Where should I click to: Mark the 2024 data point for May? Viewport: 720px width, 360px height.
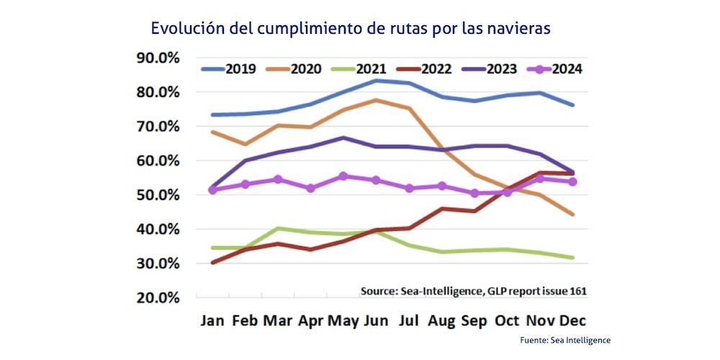pyautogui.click(x=343, y=176)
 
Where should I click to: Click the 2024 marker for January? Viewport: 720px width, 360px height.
pyautogui.click(x=212, y=190)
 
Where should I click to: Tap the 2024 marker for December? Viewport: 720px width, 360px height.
pyautogui.click(x=573, y=182)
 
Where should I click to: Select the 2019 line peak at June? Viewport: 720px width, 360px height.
pyautogui.click(x=376, y=80)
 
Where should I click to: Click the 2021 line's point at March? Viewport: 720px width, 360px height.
pyautogui.click(x=278, y=228)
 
